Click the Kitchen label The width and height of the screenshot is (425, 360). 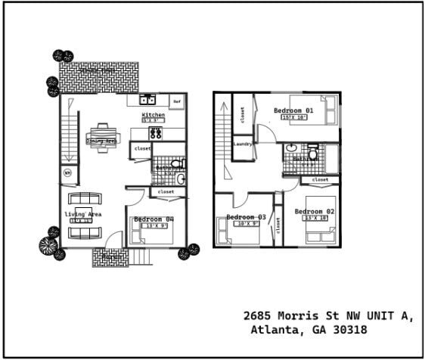click(154, 115)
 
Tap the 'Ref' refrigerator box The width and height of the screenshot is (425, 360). click(177, 101)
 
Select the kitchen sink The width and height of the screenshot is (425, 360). click(147, 99)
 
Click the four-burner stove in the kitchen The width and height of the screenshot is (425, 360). click(157, 132)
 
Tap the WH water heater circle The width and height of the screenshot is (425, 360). click(67, 173)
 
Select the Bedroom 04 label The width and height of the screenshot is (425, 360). click(154, 219)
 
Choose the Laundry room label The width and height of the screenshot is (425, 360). click(242, 144)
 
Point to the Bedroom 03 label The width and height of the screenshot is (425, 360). click(246, 217)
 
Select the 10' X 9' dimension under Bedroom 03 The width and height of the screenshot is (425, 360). click(247, 224)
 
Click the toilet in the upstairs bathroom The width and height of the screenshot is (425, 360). click(312, 154)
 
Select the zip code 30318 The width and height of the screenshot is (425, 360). click(350, 331)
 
